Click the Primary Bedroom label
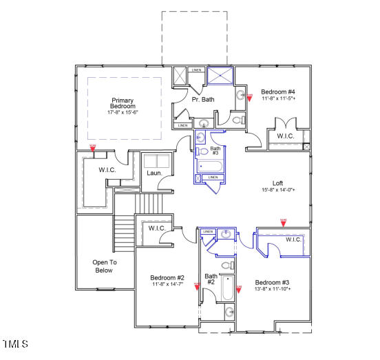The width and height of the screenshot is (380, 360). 122,103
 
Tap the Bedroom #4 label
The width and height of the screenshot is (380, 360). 278,92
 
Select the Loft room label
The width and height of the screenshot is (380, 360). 277,183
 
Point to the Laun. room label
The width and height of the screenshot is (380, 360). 154,173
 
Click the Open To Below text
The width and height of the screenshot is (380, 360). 105,266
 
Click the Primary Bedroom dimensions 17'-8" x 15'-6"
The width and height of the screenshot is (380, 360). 122,112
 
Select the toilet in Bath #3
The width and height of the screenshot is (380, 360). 202,151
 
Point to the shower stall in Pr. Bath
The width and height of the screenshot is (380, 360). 220,75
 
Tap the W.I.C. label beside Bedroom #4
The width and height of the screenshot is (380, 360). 286,136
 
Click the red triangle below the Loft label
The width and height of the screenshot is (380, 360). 283,222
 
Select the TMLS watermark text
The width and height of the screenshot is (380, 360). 15,343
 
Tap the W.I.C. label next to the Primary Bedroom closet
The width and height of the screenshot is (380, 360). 107,169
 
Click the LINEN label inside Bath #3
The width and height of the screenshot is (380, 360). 213,178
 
